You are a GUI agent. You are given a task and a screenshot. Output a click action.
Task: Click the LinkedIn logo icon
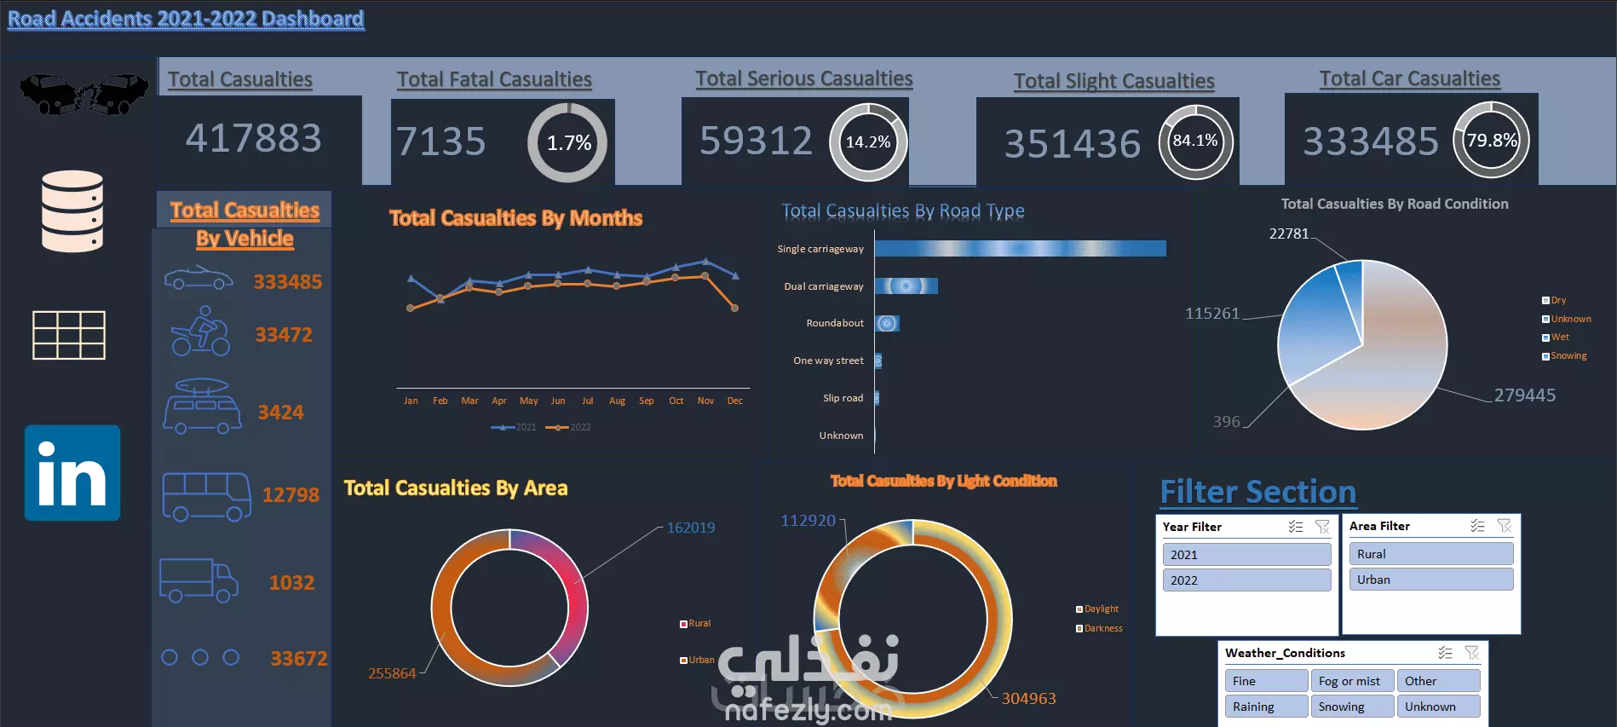click(x=72, y=473)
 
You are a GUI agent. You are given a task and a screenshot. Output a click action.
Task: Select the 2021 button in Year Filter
click(x=1246, y=555)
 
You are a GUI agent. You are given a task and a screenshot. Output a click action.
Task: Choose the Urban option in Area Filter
click(x=1430, y=580)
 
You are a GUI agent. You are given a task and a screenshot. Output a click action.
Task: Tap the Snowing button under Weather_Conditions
click(x=1350, y=707)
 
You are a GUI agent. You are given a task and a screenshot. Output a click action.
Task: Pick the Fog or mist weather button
click(x=1350, y=681)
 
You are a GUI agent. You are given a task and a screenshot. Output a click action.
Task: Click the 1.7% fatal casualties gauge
click(x=567, y=142)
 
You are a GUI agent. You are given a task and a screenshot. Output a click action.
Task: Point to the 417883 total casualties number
click(x=254, y=138)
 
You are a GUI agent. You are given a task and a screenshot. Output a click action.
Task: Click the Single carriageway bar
click(x=1020, y=248)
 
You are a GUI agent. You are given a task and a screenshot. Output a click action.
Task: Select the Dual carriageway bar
click(x=906, y=286)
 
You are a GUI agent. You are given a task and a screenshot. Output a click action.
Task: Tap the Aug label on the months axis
click(x=617, y=401)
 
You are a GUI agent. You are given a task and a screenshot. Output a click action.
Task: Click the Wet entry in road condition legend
click(x=1559, y=338)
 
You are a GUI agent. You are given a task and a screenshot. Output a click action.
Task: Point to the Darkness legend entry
click(x=1102, y=629)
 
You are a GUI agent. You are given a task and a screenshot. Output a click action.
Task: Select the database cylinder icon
click(x=72, y=211)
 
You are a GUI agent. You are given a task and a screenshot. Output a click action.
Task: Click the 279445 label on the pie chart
click(x=1524, y=395)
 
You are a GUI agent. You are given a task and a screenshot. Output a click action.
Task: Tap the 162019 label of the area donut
click(x=690, y=528)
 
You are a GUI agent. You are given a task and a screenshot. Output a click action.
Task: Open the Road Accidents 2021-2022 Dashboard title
click(x=186, y=19)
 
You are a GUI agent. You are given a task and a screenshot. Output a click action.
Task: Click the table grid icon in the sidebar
click(x=69, y=335)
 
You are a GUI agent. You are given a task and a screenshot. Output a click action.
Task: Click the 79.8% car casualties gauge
click(x=1491, y=141)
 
